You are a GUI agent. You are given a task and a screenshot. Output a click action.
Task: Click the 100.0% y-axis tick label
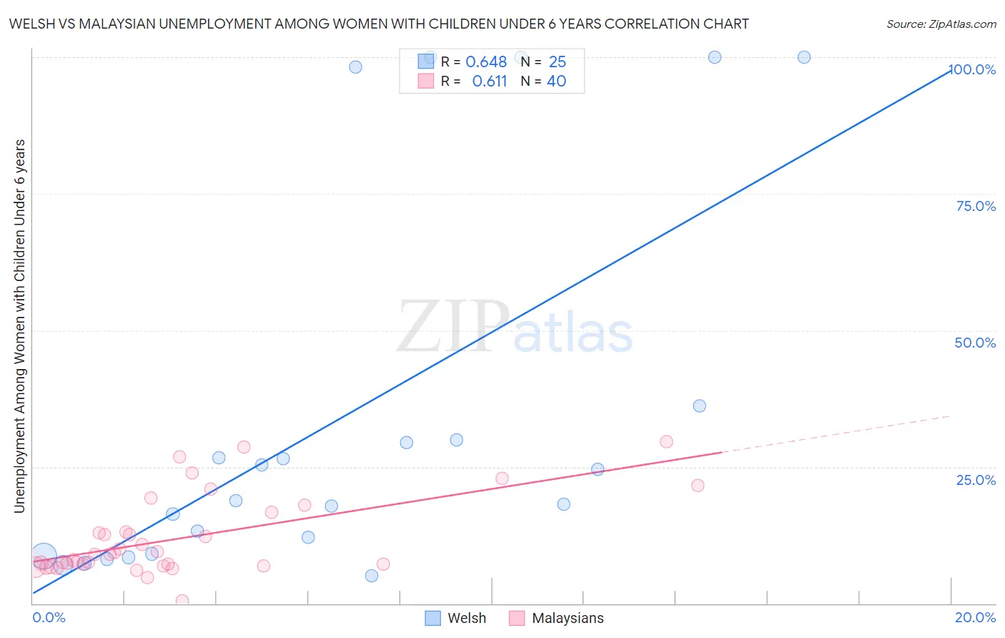(x=973, y=69)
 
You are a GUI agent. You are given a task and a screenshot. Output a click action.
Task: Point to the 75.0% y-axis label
(x=976, y=206)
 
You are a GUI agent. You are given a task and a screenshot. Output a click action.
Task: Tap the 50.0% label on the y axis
(x=975, y=343)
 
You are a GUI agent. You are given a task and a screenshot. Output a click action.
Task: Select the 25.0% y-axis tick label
(x=976, y=479)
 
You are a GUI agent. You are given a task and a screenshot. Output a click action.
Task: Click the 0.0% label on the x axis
(x=49, y=617)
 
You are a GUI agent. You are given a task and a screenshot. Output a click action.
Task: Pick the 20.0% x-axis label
(x=975, y=617)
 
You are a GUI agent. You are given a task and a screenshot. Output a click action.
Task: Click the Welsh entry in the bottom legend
(x=466, y=618)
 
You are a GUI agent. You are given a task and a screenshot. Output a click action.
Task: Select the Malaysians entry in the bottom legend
(x=568, y=618)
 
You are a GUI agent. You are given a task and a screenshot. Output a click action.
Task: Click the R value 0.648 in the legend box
(x=486, y=62)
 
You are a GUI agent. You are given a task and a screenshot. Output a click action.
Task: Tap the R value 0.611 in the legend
(x=490, y=82)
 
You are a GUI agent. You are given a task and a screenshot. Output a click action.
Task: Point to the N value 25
(x=558, y=62)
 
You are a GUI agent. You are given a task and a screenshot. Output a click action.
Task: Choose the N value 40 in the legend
(x=557, y=82)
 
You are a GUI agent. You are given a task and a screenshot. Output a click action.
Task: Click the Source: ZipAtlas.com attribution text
(x=941, y=24)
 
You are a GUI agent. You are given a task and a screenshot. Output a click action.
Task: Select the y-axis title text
(x=19, y=325)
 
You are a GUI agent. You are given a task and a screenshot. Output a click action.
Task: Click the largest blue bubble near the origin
(x=44, y=556)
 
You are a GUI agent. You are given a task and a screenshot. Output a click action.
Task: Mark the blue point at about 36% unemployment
(x=699, y=406)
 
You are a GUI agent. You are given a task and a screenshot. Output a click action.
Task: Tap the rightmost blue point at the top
(x=804, y=57)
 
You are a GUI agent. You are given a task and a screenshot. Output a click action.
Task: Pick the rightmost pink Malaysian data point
(x=698, y=486)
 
